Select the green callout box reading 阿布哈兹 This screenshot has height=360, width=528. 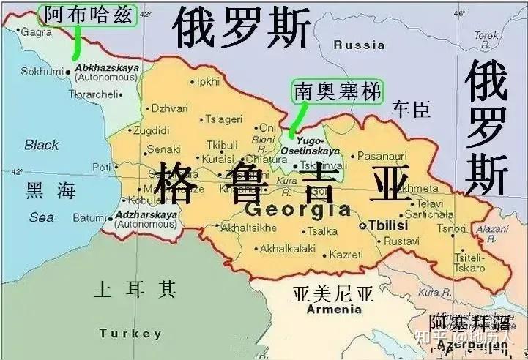click(88, 15)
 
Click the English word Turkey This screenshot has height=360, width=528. click(130, 334)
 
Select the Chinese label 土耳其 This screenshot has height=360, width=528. click(135, 290)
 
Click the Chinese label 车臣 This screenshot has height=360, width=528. click(411, 110)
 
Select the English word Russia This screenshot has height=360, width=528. click(359, 45)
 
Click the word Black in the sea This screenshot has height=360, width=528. click(42, 145)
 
